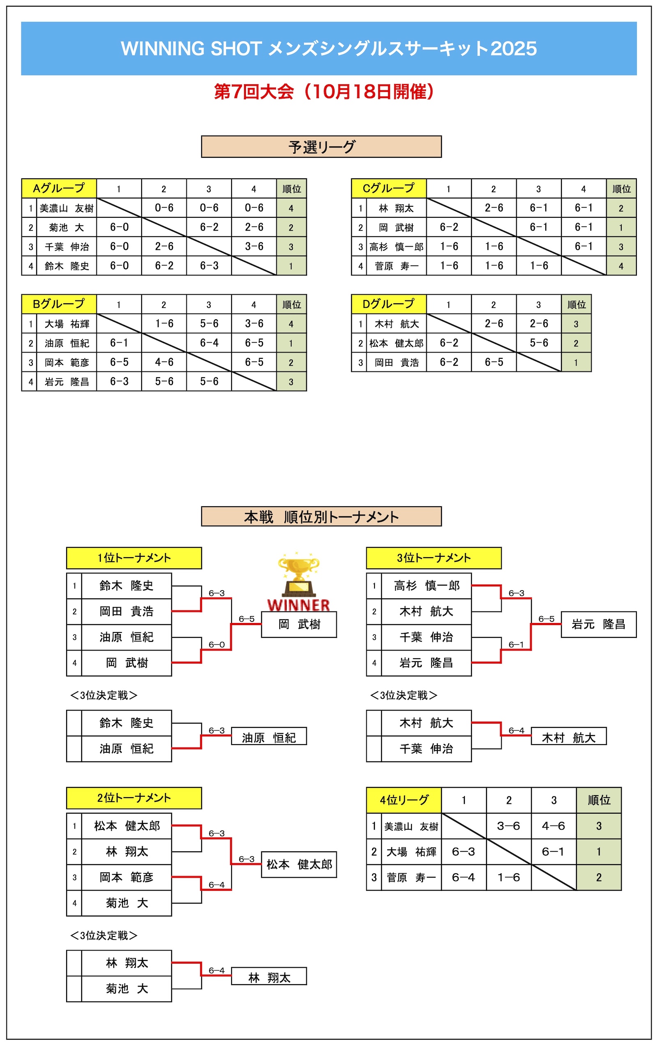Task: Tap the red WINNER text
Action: [299, 605]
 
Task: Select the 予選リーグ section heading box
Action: [322, 147]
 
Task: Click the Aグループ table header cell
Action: [59, 188]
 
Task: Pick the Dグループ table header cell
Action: [388, 304]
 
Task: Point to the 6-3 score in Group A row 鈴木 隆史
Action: [209, 265]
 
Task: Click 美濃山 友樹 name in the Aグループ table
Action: [67, 208]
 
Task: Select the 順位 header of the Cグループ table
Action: [621, 189]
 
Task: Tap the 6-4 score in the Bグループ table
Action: [209, 343]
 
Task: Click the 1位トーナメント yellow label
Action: [133, 558]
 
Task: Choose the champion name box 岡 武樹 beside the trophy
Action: [299, 624]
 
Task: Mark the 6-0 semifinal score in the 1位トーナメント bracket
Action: [216, 644]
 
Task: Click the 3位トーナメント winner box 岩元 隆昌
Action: [598, 624]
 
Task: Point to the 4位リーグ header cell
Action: [404, 800]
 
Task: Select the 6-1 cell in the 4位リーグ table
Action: [554, 851]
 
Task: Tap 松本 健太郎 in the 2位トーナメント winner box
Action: [299, 864]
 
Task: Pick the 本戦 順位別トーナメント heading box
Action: [322, 517]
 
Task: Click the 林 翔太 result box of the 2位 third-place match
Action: [269, 977]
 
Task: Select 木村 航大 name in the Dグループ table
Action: [396, 324]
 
